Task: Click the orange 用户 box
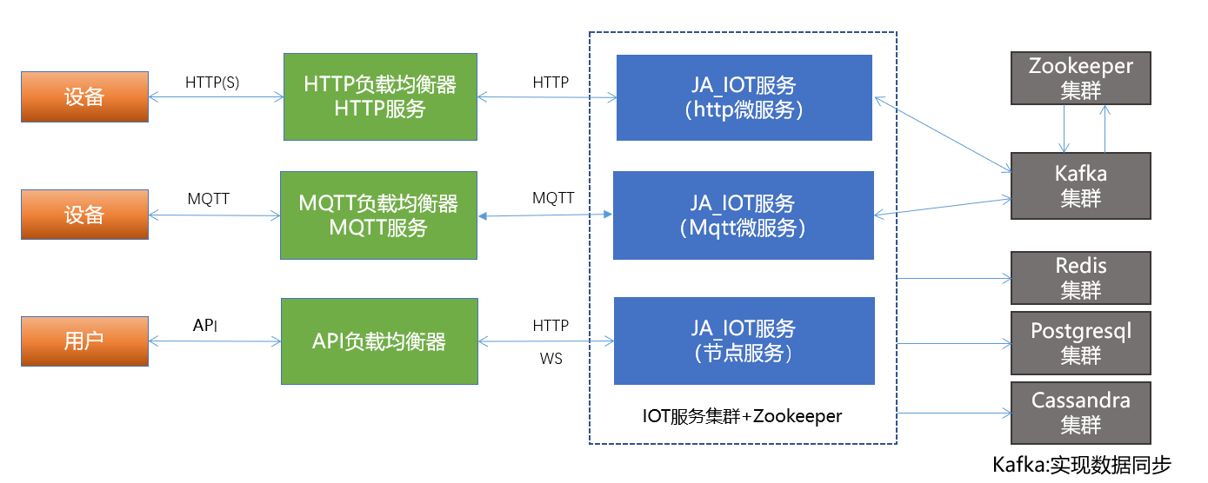click(x=84, y=341)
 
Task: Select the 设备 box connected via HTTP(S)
click(x=84, y=96)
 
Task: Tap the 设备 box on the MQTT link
click(x=84, y=215)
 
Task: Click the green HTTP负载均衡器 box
click(x=380, y=96)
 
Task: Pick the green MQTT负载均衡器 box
click(x=378, y=215)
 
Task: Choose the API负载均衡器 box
click(x=379, y=341)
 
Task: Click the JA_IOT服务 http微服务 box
click(x=744, y=97)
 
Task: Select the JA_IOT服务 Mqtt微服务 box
click(x=743, y=215)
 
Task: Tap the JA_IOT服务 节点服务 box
click(x=744, y=341)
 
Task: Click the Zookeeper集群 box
click(x=1080, y=78)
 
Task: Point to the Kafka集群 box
click(x=1080, y=186)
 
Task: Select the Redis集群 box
click(x=1080, y=278)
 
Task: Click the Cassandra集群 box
click(x=1080, y=413)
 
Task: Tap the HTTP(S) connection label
click(x=212, y=83)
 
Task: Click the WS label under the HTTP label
click(x=551, y=358)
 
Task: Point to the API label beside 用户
click(x=205, y=326)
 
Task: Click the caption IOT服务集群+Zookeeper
click(x=742, y=416)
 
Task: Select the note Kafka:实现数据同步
click(x=1082, y=465)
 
